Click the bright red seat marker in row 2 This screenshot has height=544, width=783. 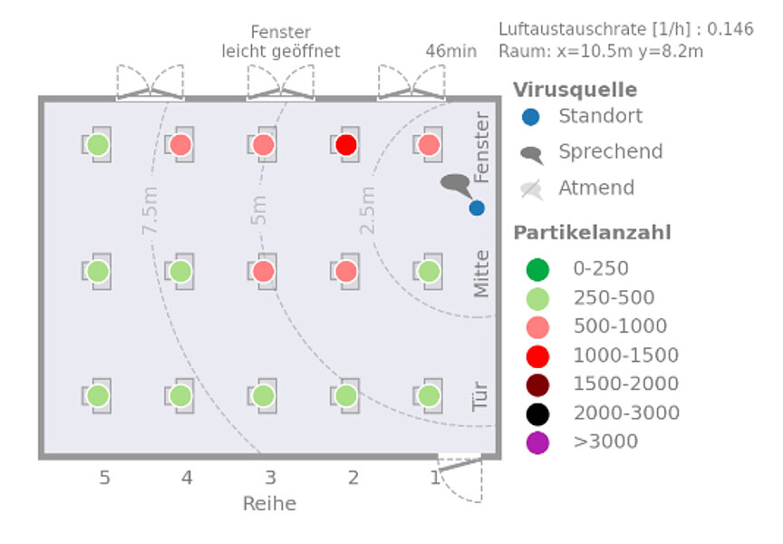[x=346, y=144]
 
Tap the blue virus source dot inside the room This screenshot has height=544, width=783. [x=477, y=208]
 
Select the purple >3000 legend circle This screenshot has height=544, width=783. [x=537, y=442]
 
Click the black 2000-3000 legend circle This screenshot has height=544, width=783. [x=537, y=413]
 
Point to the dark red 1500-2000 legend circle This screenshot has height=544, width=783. [x=537, y=384]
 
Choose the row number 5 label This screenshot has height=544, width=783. [x=105, y=477]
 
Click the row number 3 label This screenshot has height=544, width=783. [x=270, y=477]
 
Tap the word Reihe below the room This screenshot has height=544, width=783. [x=269, y=503]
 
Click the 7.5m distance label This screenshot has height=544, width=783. [x=150, y=210]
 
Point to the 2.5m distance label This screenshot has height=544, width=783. [x=367, y=210]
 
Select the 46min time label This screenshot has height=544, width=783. [x=450, y=51]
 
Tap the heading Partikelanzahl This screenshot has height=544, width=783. [x=592, y=233]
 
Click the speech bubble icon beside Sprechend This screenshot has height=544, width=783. [x=532, y=154]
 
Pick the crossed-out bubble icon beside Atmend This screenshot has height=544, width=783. [x=532, y=189]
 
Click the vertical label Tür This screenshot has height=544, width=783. [x=481, y=396]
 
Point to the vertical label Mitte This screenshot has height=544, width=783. [x=481, y=273]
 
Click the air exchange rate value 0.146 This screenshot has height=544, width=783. [x=730, y=29]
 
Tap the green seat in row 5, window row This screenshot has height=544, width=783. [x=98, y=144]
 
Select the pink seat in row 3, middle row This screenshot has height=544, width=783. [x=264, y=271]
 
